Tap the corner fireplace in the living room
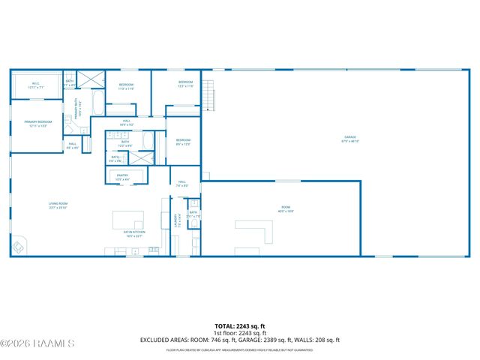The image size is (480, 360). click(18, 246)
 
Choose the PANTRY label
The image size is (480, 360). click(123, 177)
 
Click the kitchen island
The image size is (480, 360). click(128, 220)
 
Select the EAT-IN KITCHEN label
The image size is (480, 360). click(134, 234)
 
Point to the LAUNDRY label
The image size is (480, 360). click(178, 222)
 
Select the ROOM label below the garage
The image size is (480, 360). click(286, 209)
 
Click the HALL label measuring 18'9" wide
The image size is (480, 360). click(127, 122)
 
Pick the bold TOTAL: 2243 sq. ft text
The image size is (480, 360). click(240, 326)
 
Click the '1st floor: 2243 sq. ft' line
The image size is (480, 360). click(240, 333)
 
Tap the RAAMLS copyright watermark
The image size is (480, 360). click(37, 343)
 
